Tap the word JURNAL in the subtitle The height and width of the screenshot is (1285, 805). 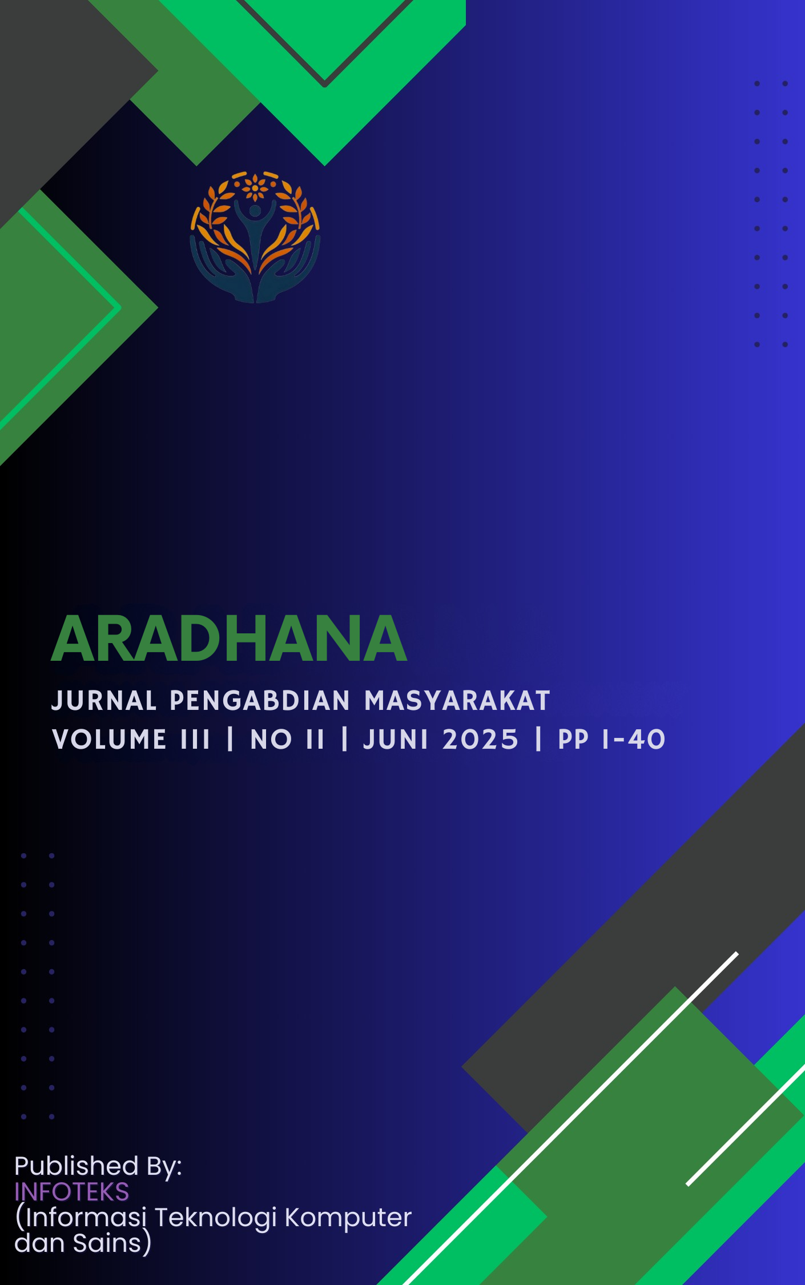pyautogui.click(x=104, y=701)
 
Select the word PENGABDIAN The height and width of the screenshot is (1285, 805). pyautogui.click(x=260, y=701)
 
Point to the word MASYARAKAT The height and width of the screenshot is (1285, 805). pyautogui.click(x=457, y=701)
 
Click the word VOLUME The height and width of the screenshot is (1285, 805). pyautogui.click(x=109, y=740)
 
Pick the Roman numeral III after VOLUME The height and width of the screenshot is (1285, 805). pyautogui.click(x=195, y=740)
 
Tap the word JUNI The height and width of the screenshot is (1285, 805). pyautogui.click(x=396, y=740)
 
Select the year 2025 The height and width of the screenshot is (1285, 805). pyautogui.click(x=480, y=740)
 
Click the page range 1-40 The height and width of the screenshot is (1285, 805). pyautogui.click(x=634, y=740)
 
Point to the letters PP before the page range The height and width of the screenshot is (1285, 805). pyautogui.click(x=573, y=740)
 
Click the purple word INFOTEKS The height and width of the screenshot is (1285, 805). pyautogui.click(x=72, y=1192)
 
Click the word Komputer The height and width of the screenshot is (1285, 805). pyautogui.click(x=348, y=1218)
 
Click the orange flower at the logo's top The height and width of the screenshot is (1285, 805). pyautogui.click(x=255, y=186)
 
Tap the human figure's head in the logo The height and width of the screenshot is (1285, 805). pyautogui.click(x=255, y=211)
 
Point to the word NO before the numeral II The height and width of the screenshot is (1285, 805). pyautogui.click(x=271, y=740)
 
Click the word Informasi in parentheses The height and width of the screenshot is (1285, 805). pyautogui.click(x=86, y=1218)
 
